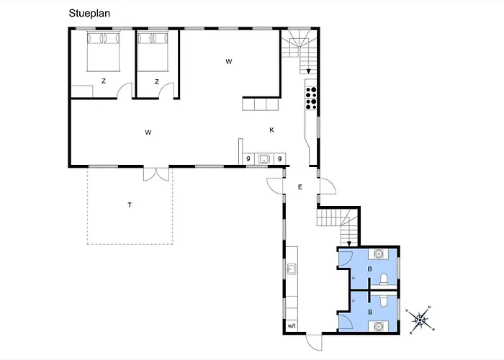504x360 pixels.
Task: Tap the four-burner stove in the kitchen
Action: pos(312,97)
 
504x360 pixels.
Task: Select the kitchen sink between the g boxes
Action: pos(264,159)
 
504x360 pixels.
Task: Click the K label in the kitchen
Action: pos(271,130)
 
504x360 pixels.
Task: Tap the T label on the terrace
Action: pos(130,205)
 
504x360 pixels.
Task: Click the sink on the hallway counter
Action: pos(292,270)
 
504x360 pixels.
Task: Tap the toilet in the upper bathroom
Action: pos(383,280)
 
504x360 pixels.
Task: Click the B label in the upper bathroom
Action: pos(370,269)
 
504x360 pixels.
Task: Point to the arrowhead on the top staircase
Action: pos(308,71)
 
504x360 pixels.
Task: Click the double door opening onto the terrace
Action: pos(156,174)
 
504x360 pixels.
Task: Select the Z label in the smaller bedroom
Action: pos(156,82)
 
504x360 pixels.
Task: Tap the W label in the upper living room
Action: pos(228,62)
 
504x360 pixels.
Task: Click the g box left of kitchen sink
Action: pos(248,158)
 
